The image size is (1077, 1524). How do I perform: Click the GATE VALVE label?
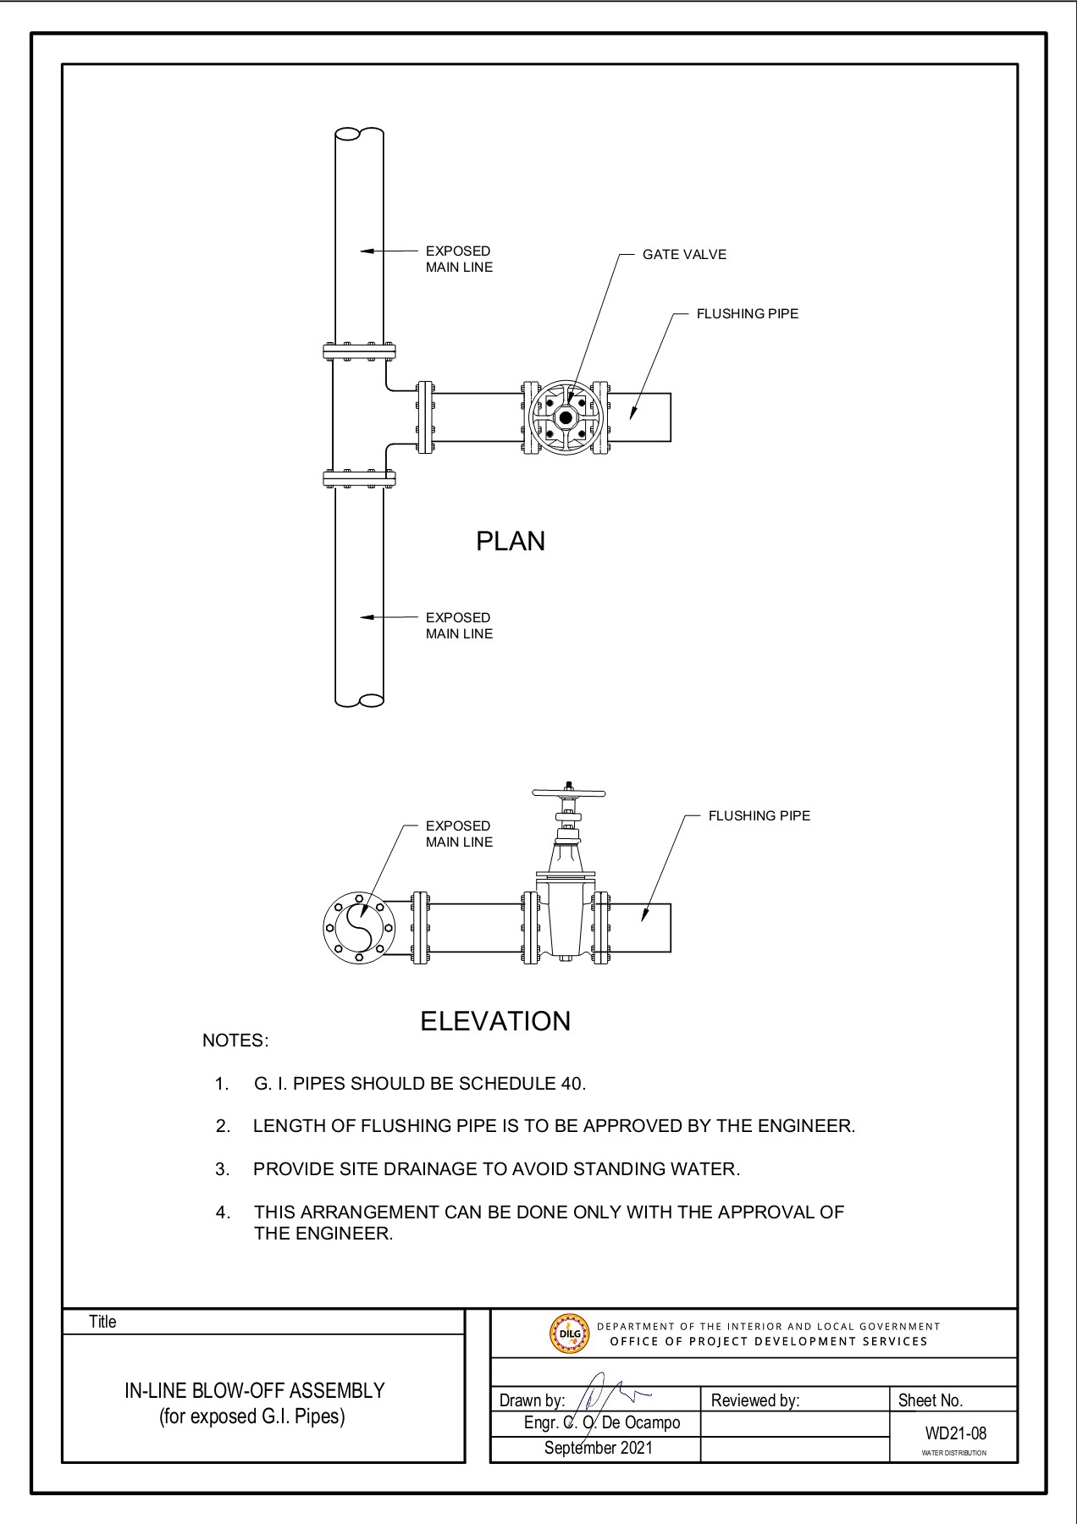pyautogui.click(x=684, y=255)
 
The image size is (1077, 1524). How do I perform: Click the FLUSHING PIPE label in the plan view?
pyautogui.click(x=747, y=314)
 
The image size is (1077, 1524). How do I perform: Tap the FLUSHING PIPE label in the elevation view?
pyautogui.click(x=759, y=816)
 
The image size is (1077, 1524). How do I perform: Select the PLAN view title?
pyautogui.click(x=510, y=542)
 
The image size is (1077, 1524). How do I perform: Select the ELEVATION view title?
pyautogui.click(x=495, y=1021)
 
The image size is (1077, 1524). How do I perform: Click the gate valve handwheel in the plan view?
pyautogui.click(x=565, y=417)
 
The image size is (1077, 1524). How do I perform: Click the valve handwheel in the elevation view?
pyautogui.click(x=569, y=794)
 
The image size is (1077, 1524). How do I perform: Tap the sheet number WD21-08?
pyautogui.click(x=955, y=1433)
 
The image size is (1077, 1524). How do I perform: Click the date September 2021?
pyautogui.click(x=599, y=1448)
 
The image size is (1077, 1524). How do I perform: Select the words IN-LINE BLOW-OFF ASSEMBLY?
pyautogui.click(x=255, y=1390)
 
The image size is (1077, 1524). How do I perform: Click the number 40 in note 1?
pyautogui.click(x=571, y=1084)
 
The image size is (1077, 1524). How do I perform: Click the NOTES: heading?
pyautogui.click(x=235, y=1041)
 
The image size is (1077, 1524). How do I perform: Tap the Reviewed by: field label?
pyautogui.click(x=755, y=1400)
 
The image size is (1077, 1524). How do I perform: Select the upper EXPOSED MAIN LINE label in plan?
pyautogui.click(x=458, y=259)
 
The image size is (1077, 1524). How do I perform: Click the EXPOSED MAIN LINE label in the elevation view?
pyautogui.click(x=458, y=834)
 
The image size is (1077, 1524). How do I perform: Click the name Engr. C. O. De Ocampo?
pyautogui.click(x=601, y=1422)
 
